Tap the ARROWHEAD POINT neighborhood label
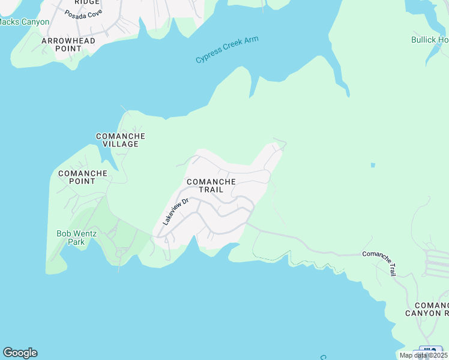point(68,44)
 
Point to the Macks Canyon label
point(24,22)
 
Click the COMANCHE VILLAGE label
point(121,140)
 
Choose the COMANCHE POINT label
point(82,177)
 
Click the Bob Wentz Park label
point(76,238)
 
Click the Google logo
point(20,353)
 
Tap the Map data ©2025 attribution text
point(423,355)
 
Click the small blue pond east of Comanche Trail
point(373,165)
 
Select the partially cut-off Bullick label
point(429,40)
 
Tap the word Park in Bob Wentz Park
point(76,242)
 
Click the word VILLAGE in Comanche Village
point(121,145)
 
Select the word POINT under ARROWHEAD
point(68,49)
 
